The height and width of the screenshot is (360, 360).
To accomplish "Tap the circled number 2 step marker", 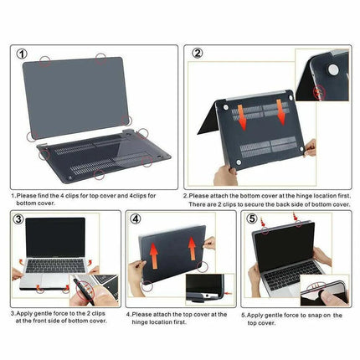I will tap(198, 54).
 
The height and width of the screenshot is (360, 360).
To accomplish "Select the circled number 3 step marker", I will tap(19, 221).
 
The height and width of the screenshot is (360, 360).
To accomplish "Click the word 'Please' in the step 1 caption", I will tap(30, 196).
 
